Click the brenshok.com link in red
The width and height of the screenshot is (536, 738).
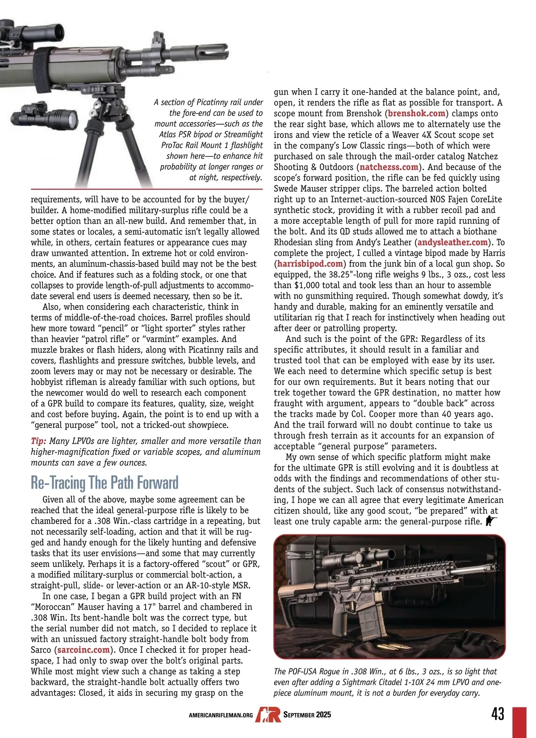click(417, 113)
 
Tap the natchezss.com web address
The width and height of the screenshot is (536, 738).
click(389, 167)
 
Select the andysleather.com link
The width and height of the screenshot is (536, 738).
click(452, 242)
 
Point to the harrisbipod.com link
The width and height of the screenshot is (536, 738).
click(310, 264)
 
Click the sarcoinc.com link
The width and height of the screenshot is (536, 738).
click(84, 650)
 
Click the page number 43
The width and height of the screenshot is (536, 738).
click(498, 713)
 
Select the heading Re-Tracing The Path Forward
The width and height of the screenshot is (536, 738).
click(105, 482)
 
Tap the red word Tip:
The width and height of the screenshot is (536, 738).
click(38, 441)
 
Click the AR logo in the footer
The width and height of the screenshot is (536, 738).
click(268, 714)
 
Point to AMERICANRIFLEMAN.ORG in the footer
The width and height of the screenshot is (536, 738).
click(221, 715)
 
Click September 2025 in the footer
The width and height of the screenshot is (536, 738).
click(307, 715)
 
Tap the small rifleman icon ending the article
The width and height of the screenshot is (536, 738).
click(491, 521)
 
